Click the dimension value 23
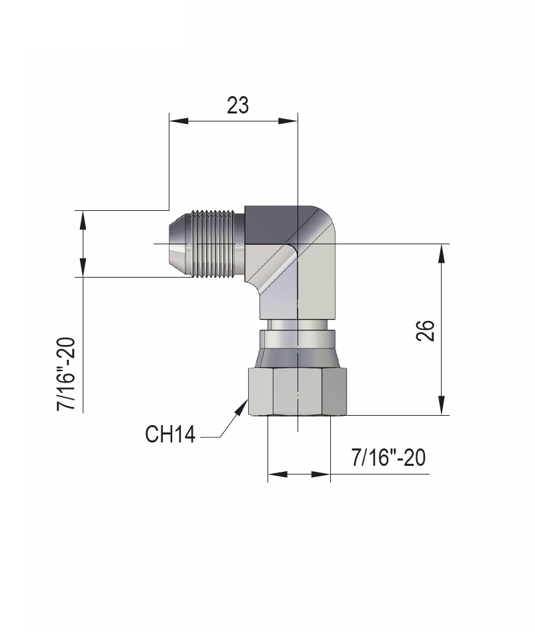[x=237, y=105]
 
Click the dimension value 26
[x=426, y=330]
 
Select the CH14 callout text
[x=170, y=434]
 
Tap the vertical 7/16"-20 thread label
[x=66, y=374]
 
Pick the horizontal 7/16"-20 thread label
[x=388, y=457]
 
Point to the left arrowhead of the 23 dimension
[x=179, y=120]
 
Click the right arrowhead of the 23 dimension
[x=288, y=120]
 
